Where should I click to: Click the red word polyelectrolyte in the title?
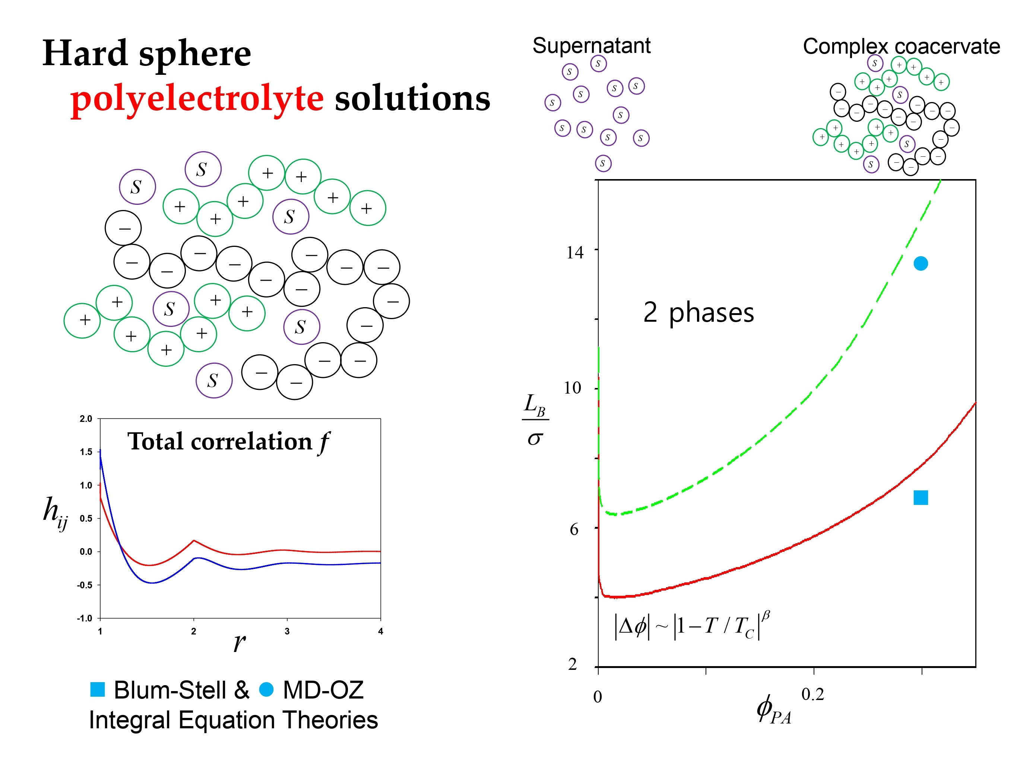(x=197, y=99)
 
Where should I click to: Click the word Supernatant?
(x=591, y=46)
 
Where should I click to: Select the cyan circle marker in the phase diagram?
(x=920, y=263)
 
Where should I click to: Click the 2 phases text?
(x=698, y=312)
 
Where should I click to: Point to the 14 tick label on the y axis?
(x=574, y=253)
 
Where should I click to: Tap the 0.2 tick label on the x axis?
(x=812, y=694)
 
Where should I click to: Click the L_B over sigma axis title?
(x=535, y=419)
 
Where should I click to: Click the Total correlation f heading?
(x=228, y=442)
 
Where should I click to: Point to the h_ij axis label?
(x=55, y=512)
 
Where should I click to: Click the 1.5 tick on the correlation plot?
(x=86, y=452)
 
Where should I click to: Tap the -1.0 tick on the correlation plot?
(x=85, y=618)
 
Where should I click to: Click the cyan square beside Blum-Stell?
(x=97, y=689)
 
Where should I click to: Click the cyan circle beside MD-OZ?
(x=266, y=689)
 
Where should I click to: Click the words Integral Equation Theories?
(x=233, y=720)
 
